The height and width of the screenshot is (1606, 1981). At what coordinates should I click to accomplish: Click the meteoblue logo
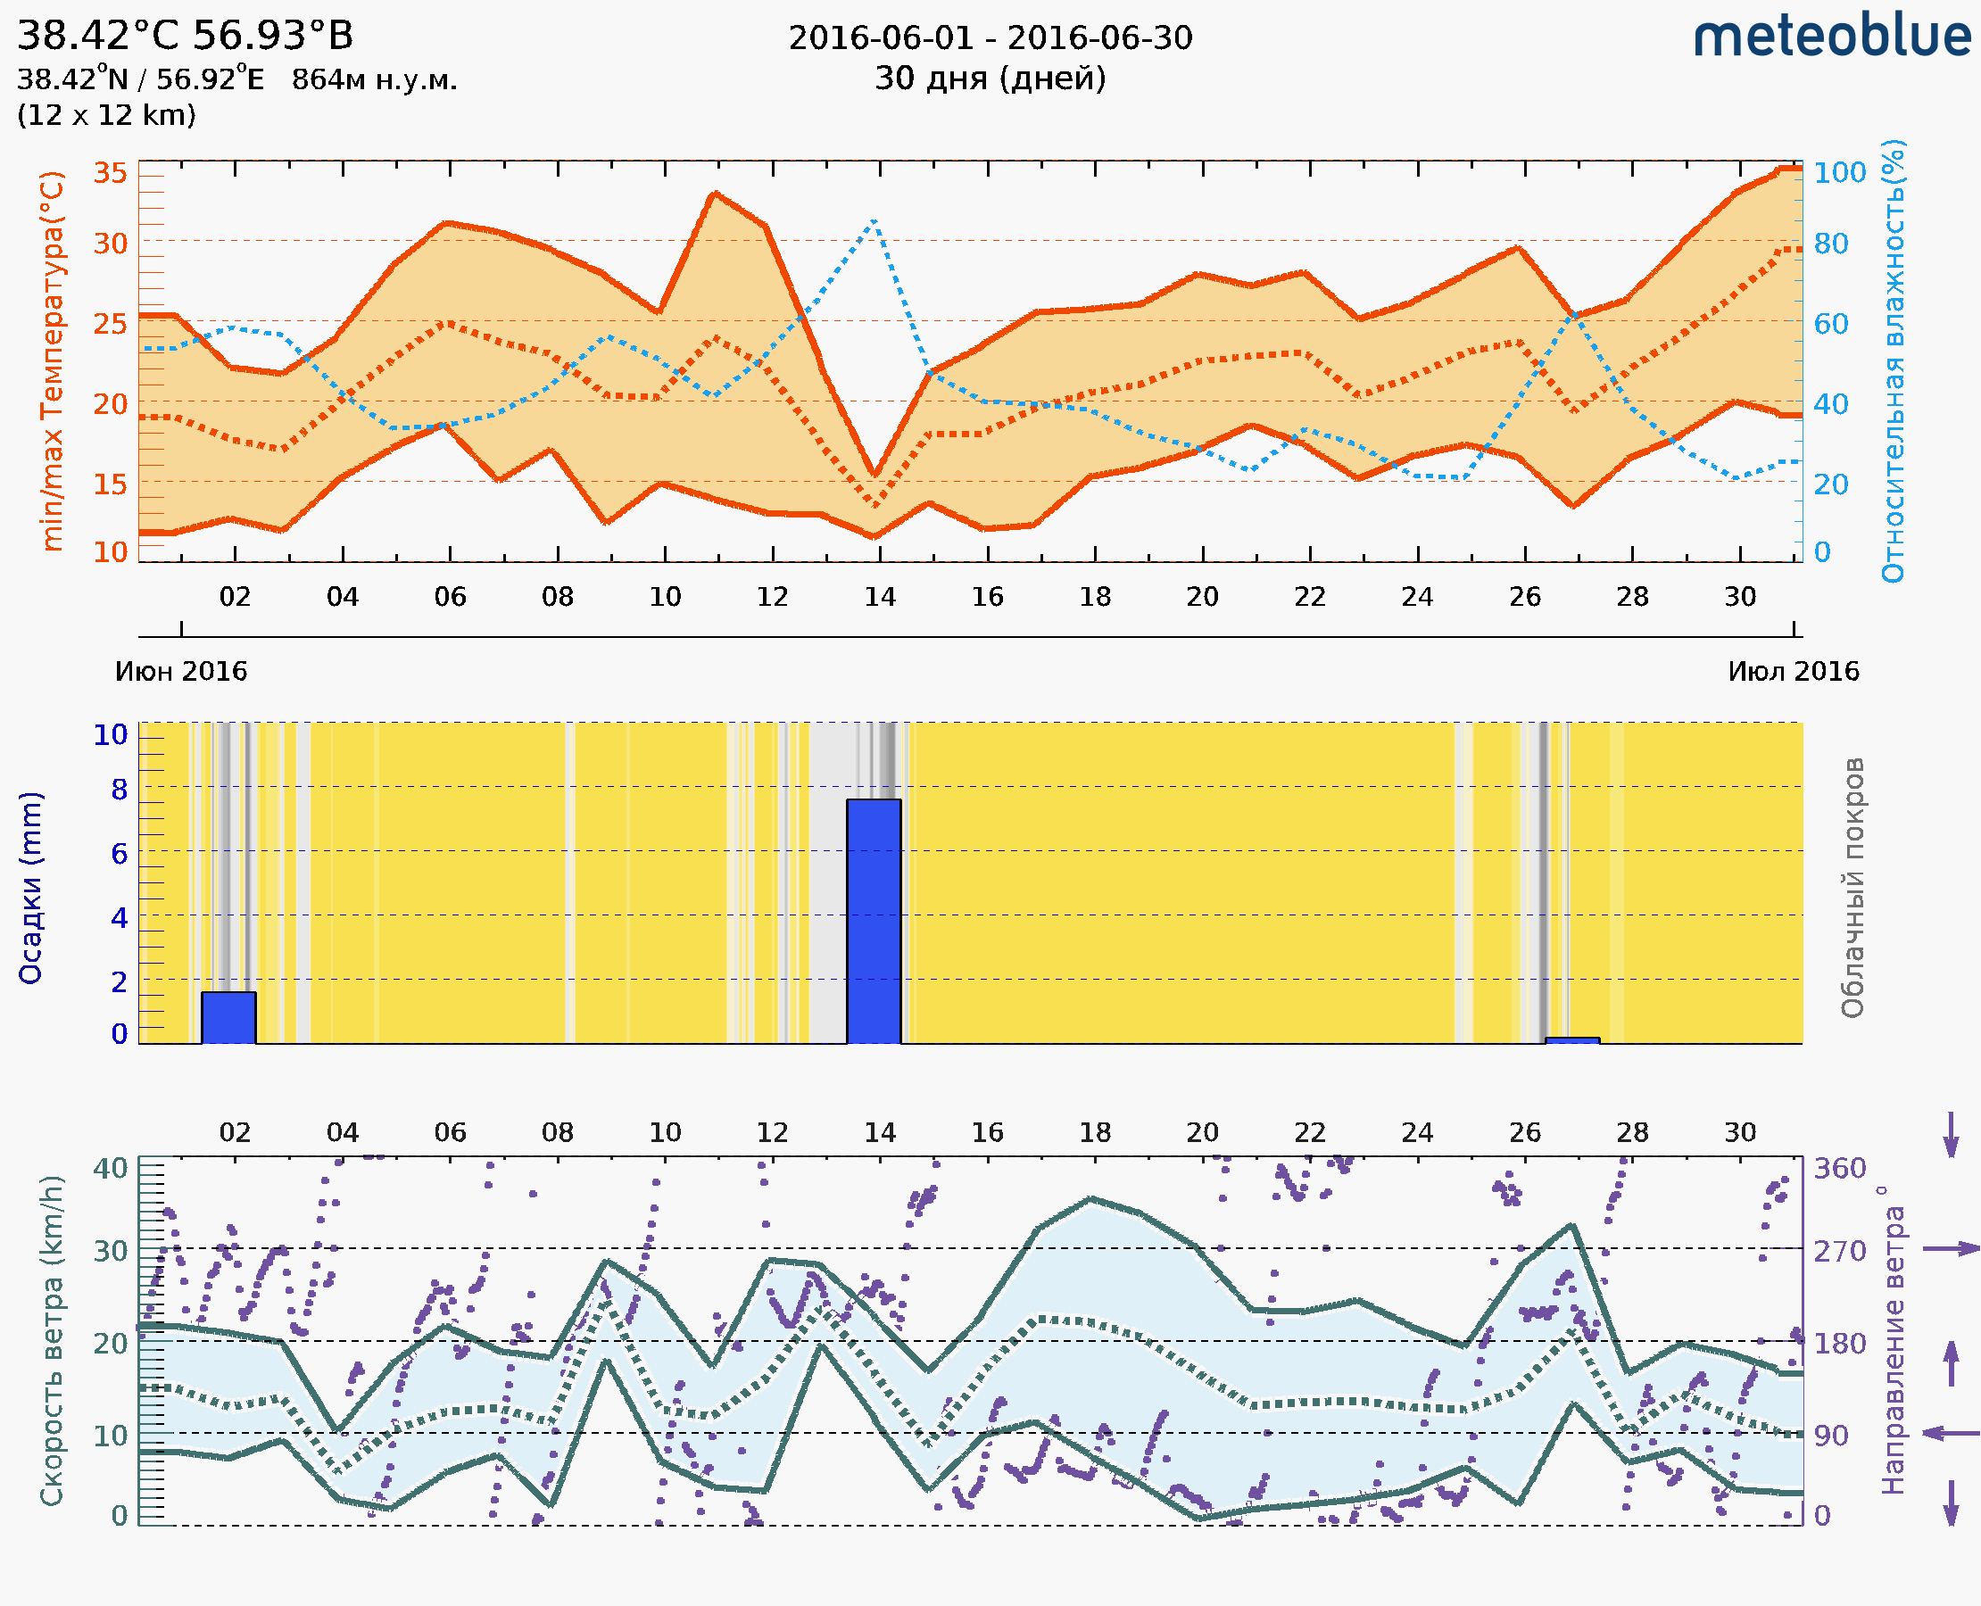coord(1831,37)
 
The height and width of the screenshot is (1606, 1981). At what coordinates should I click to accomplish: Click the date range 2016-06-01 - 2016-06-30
coord(990,38)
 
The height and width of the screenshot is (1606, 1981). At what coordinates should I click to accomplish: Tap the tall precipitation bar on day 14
coord(874,921)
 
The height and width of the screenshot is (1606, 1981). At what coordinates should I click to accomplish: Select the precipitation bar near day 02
coord(228,1018)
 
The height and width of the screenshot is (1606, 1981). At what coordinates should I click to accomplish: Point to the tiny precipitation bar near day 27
coord(1572,1040)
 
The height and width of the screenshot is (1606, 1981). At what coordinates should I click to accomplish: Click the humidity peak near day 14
coord(874,222)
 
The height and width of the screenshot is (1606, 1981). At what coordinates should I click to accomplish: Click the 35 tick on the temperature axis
coord(110,173)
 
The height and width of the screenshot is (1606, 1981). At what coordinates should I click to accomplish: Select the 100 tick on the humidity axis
coord(1839,173)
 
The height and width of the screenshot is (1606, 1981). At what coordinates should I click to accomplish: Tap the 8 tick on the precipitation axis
coord(120,790)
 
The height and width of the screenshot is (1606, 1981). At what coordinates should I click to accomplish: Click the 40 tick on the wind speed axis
coord(110,1169)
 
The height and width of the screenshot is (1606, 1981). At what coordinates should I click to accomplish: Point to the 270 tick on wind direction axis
coord(1839,1251)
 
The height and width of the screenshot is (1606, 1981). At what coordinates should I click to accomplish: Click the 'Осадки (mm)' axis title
coord(30,887)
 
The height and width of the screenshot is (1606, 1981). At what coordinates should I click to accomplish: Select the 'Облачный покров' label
coord(1853,888)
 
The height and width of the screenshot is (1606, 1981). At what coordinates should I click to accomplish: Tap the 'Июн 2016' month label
coord(181,671)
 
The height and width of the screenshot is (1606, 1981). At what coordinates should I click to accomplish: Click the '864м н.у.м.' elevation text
coord(374,79)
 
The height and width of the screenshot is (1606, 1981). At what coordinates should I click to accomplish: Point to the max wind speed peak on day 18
coord(1092,1199)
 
